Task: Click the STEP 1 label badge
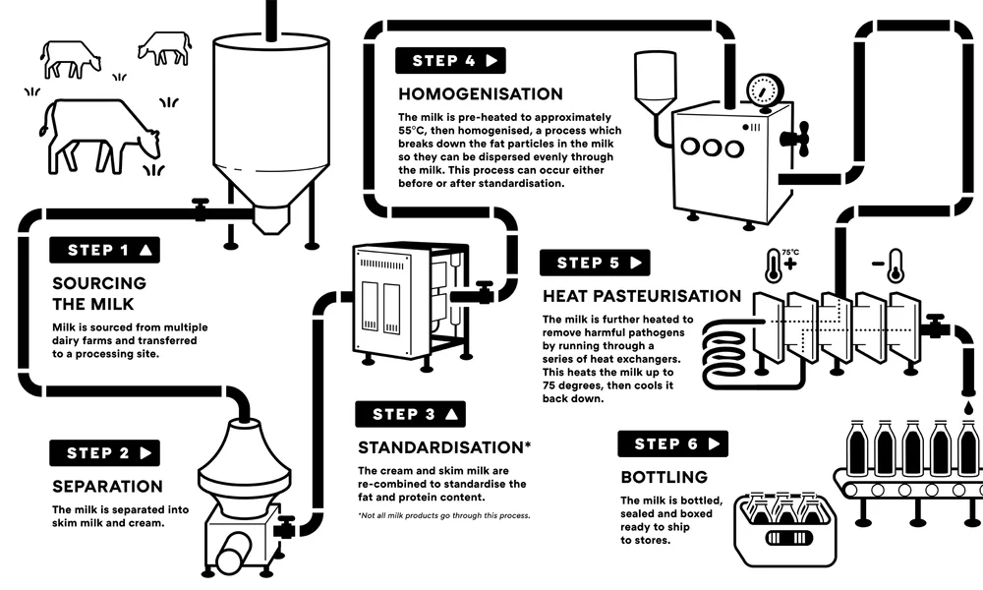(105, 250)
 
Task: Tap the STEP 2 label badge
(105, 453)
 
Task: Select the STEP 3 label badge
(412, 414)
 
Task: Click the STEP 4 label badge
(450, 61)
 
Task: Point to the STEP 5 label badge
(595, 263)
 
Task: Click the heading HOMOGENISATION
(480, 94)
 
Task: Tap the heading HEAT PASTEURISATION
(641, 296)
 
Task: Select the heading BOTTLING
(664, 477)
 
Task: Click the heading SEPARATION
(106, 487)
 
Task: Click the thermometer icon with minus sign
(894, 265)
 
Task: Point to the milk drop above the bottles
(967, 406)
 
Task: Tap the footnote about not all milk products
(443, 515)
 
